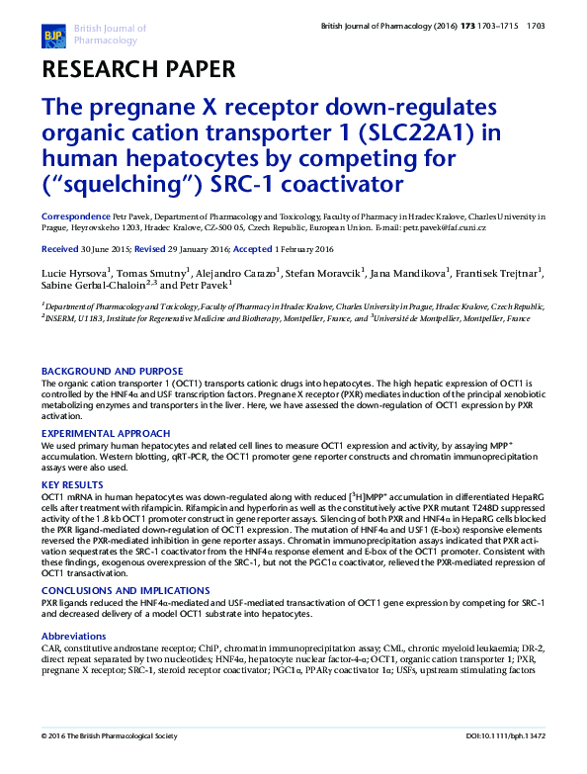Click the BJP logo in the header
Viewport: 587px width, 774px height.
point(52,37)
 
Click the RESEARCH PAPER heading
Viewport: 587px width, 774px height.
point(137,70)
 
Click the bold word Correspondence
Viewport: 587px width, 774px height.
point(75,215)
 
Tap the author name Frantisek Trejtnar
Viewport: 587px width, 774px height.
point(499,271)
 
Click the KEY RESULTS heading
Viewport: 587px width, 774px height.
point(73,485)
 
